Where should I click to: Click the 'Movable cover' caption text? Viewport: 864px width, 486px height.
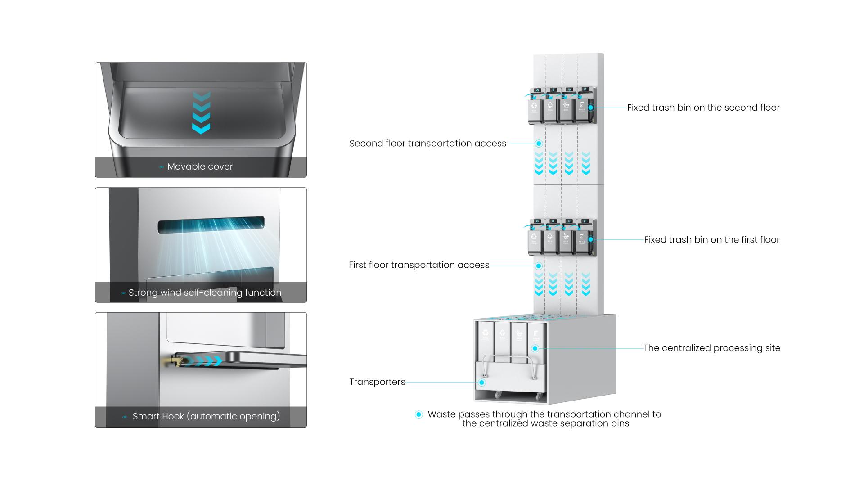point(200,166)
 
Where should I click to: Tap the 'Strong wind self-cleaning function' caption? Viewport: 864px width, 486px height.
point(205,292)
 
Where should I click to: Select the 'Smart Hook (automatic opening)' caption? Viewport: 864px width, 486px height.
point(206,416)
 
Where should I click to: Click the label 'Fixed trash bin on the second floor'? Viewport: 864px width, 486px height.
point(703,108)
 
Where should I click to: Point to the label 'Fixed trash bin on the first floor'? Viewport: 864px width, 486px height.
point(711,240)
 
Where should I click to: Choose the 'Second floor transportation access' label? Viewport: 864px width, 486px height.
point(427,144)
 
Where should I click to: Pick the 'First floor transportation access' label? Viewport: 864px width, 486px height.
point(418,265)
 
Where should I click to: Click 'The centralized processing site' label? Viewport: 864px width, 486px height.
point(711,348)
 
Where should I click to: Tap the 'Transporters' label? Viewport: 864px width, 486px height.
point(377,382)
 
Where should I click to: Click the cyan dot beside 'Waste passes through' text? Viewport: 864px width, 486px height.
point(419,414)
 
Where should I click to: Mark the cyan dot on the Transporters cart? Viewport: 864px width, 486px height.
point(482,382)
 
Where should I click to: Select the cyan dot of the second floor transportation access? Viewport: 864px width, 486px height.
point(539,144)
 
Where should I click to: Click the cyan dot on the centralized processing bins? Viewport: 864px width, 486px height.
point(535,348)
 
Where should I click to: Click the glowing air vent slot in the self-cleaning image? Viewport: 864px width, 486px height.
point(211,225)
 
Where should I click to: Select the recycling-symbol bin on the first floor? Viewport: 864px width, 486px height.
point(534,239)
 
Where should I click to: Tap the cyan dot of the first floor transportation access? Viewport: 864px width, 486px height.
point(539,265)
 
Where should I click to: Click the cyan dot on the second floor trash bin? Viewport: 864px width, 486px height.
point(591,108)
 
